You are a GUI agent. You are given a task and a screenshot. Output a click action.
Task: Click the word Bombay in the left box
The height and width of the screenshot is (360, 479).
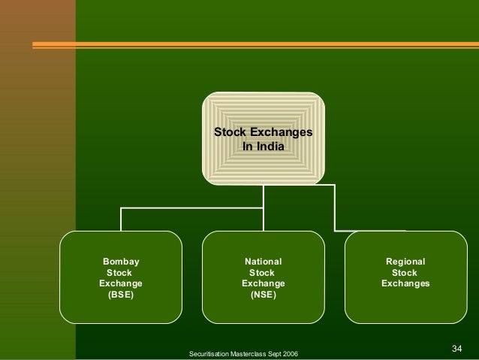(121, 262)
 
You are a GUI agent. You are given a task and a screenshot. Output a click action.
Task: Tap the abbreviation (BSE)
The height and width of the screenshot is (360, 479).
(121, 295)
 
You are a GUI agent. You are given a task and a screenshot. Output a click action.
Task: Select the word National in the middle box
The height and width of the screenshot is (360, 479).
(263, 262)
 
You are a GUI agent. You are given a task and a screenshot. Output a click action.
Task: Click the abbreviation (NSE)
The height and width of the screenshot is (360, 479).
(263, 295)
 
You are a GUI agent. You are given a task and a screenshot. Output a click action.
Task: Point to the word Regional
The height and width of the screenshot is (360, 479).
(405, 262)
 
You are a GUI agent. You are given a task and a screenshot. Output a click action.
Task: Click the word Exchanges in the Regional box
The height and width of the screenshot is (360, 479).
(405, 284)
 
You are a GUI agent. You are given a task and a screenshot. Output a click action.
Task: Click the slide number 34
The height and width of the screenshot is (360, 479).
(457, 348)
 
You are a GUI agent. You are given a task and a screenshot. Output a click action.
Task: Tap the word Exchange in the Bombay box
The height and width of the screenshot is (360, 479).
(121, 284)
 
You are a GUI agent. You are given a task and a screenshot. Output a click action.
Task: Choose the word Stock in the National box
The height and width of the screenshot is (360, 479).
(263, 273)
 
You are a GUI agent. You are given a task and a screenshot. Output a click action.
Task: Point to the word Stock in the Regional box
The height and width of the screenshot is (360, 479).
(405, 273)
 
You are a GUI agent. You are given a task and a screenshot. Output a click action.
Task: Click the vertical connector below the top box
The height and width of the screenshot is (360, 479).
(264, 197)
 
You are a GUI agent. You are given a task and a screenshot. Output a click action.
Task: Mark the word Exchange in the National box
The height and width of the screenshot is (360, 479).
(263, 284)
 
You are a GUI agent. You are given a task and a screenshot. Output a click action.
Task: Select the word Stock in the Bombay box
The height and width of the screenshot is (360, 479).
(121, 273)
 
